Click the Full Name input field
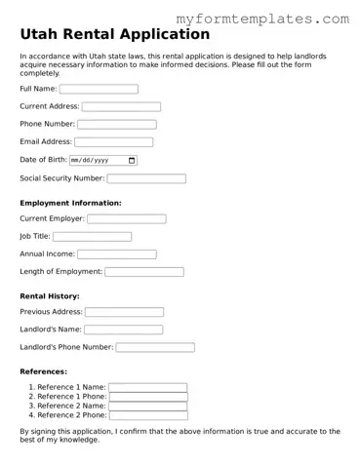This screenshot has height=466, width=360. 99,89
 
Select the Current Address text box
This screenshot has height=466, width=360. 121,106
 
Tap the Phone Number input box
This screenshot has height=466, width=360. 116,125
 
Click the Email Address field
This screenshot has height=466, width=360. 113,142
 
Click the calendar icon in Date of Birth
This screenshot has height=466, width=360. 132,160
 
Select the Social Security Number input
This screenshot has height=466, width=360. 146,178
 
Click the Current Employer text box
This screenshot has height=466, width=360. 127,219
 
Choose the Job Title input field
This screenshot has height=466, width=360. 92,237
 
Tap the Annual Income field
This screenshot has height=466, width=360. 117,254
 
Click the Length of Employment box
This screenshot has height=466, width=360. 143,272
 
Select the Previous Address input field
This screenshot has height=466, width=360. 124,312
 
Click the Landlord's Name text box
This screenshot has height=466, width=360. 123,330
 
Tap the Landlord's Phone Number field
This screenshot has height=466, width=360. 155,347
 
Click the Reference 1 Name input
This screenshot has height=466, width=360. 147,387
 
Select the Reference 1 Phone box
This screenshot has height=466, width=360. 147,397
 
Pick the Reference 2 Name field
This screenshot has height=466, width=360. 147,406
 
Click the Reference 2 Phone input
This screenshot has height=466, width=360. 147,415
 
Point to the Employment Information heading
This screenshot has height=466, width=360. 70,203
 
